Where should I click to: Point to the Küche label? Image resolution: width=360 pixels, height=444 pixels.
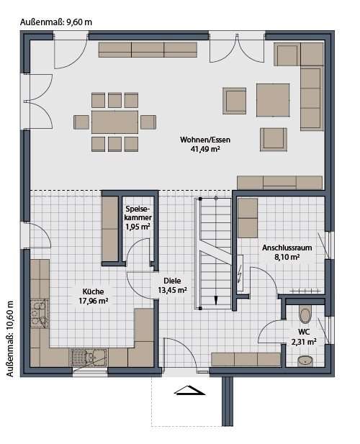tap(93, 291)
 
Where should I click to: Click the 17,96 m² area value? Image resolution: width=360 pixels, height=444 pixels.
tap(93, 301)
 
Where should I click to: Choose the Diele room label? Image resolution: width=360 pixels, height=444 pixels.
tap(172, 281)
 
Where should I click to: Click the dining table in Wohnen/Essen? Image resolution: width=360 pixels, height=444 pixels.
tap(114, 122)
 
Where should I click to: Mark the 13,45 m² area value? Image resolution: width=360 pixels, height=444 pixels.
tap(172, 290)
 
